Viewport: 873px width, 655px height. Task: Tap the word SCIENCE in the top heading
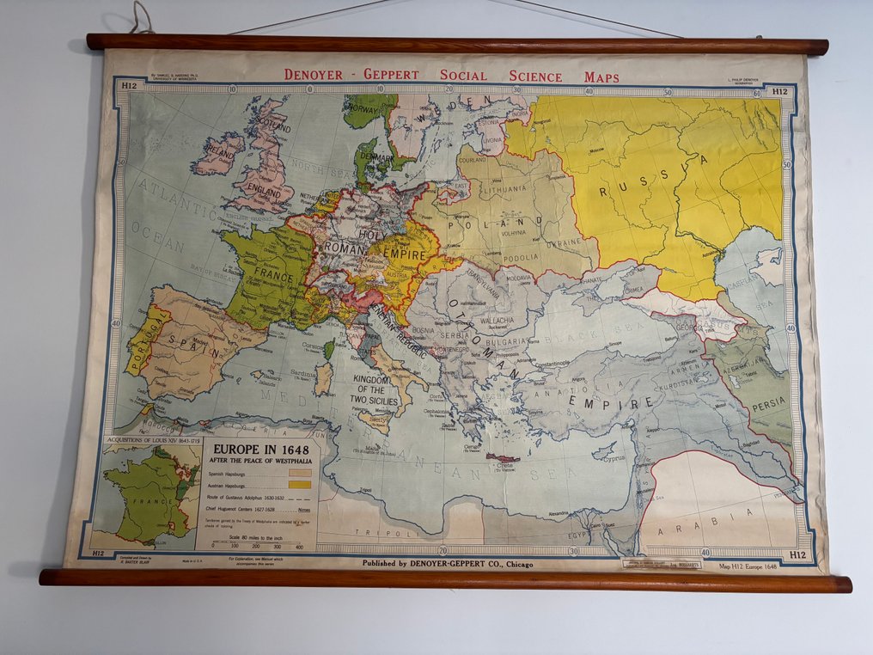[535, 76]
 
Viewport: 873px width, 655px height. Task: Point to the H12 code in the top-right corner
[779, 89]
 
